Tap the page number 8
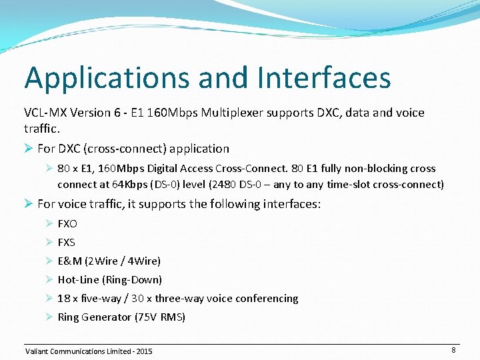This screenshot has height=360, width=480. point(453,349)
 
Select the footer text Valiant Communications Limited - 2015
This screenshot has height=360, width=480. point(88,351)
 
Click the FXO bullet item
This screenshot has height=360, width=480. point(67,223)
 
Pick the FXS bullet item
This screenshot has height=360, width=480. point(67,242)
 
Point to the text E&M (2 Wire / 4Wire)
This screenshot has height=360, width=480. point(109,261)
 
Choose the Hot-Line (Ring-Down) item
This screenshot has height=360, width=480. point(109,279)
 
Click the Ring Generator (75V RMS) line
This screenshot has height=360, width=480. point(121,317)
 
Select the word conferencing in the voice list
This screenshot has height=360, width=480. point(263,298)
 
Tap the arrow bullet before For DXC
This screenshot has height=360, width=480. point(29,149)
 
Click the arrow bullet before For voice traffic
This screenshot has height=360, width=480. point(29,203)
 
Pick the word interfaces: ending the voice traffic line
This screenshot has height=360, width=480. point(291,203)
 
